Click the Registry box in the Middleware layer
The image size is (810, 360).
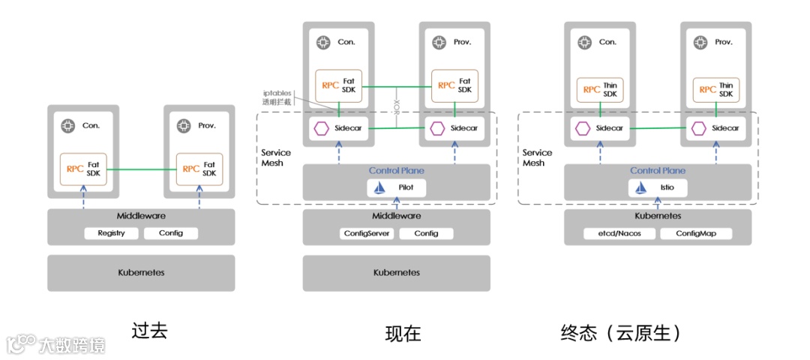[x=112, y=233]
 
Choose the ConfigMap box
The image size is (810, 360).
[x=689, y=233]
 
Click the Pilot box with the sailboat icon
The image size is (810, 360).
[x=397, y=187]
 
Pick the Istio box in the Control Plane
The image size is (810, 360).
[x=658, y=187]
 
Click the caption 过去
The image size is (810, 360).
[x=150, y=331]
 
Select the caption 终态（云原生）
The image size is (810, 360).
[x=622, y=333]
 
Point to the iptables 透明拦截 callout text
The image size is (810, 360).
[x=277, y=97]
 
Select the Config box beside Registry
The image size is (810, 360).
[x=171, y=233]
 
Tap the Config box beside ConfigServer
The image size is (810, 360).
[x=426, y=233]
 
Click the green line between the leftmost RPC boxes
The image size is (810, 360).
[x=142, y=169]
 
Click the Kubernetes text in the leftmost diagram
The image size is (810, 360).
[x=141, y=272]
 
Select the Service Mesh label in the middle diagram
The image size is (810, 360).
[x=276, y=157]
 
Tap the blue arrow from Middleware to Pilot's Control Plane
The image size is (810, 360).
[x=397, y=203]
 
